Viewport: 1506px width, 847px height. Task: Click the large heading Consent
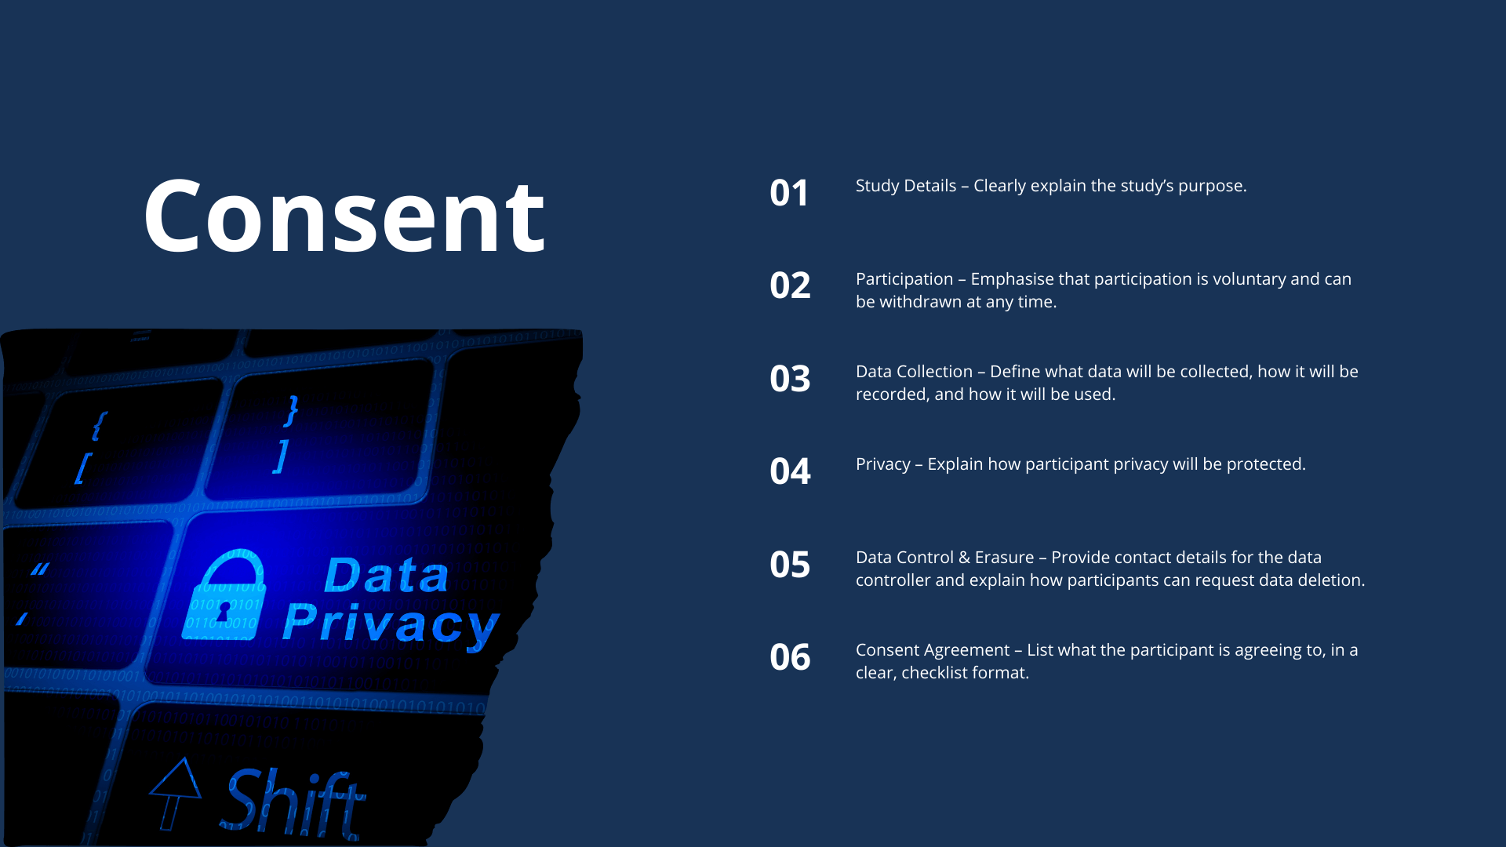344,216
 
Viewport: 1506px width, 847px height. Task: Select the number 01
789,193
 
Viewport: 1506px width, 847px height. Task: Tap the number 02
790,285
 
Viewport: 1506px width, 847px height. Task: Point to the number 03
790,379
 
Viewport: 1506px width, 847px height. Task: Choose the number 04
790,471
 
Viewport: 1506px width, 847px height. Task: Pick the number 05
790,565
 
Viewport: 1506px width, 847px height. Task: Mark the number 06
790,657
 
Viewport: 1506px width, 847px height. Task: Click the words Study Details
906,187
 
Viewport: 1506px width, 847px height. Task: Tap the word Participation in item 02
904,280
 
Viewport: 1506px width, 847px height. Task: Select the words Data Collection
914,372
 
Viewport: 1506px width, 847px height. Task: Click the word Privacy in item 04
883,465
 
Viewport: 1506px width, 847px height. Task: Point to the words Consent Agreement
933,651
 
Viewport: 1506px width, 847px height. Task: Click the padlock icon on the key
224,594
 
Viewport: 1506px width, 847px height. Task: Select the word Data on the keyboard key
386,575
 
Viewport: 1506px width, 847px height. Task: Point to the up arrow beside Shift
174,793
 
